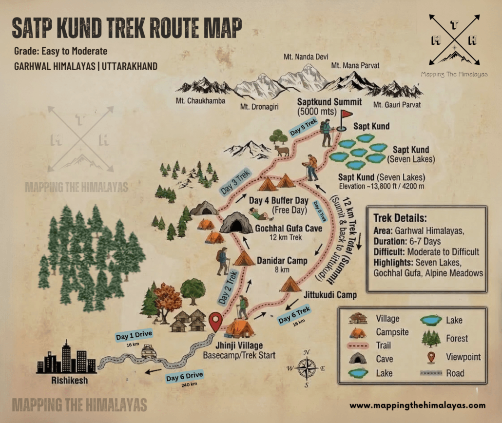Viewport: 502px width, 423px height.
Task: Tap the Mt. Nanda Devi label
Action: click(302, 57)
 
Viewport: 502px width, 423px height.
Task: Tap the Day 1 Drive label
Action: click(134, 336)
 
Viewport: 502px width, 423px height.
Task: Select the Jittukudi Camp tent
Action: click(290, 284)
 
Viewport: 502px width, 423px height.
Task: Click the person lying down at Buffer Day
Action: click(260, 214)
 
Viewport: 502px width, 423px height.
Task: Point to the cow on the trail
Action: click(281, 151)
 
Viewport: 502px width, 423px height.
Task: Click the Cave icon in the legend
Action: click(358, 358)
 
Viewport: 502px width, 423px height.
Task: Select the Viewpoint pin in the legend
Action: click(430, 357)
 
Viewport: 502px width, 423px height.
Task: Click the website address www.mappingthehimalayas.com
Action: click(418, 405)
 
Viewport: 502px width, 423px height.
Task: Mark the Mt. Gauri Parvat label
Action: click(396, 104)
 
